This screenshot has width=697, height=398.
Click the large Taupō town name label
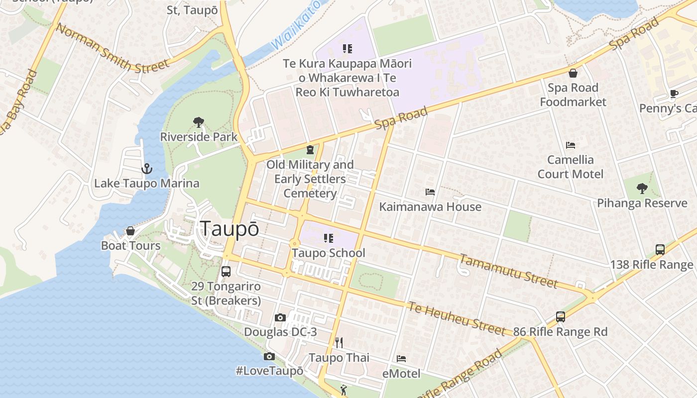[x=230, y=228]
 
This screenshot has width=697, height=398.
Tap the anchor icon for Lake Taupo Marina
[x=146, y=169]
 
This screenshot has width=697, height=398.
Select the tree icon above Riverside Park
[x=198, y=122]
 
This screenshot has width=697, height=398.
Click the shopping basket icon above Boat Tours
[x=130, y=231]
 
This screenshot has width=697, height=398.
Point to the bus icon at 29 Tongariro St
[x=226, y=272]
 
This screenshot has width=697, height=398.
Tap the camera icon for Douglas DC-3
[x=280, y=317]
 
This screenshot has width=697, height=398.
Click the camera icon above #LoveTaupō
[x=269, y=356]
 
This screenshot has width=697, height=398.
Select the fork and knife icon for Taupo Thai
[x=339, y=343]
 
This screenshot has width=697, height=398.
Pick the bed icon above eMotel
[x=401, y=359]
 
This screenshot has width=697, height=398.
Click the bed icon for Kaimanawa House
[x=430, y=192]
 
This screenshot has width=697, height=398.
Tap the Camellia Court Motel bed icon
[x=571, y=145]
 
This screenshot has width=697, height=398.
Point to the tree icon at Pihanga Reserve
[x=642, y=189]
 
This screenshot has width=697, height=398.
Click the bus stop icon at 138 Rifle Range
[x=660, y=250]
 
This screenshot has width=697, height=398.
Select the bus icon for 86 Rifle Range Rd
[x=561, y=317]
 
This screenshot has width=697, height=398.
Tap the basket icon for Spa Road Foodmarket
[x=573, y=73]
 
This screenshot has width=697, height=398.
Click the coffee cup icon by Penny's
[x=674, y=94]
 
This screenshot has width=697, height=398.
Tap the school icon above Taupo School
[x=328, y=238]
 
